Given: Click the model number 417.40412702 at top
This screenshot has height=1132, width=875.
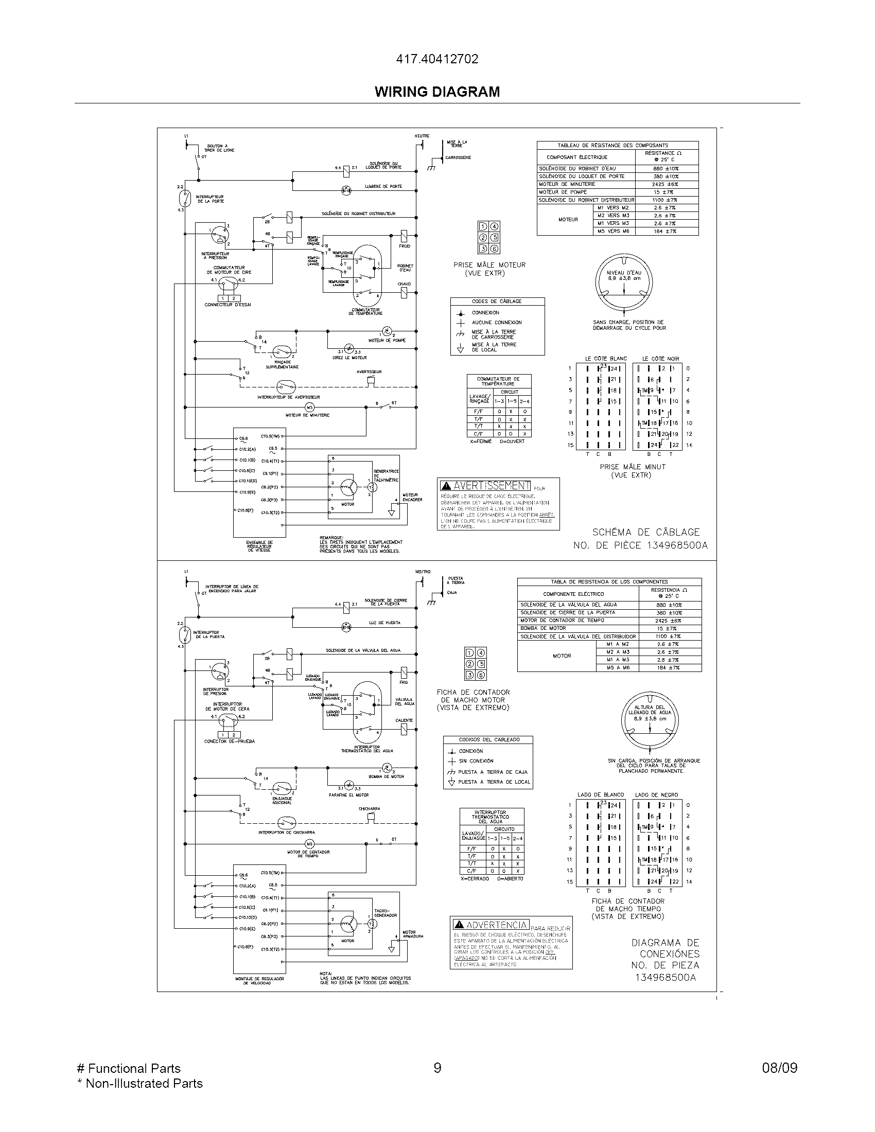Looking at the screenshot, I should [x=437, y=59].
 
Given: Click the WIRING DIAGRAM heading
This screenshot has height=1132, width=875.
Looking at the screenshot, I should [x=437, y=92].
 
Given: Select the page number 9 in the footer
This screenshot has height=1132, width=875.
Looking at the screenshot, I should [x=437, y=1068].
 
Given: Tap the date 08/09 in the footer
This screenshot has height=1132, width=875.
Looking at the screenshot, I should [x=779, y=1068].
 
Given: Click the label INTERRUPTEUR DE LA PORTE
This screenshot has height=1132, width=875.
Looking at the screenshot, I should [x=211, y=199].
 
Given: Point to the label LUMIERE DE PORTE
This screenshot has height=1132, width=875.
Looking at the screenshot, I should [x=383, y=187].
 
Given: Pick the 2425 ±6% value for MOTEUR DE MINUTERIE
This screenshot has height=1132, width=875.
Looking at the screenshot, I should [x=666, y=184].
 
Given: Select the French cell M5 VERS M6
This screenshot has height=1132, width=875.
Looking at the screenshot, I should [x=613, y=231].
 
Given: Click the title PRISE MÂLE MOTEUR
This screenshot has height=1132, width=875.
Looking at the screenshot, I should [x=489, y=265].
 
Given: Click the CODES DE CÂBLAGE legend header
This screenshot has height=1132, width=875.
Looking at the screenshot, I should [x=497, y=301].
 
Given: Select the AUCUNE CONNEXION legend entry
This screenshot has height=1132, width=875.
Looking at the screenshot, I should [x=496, y=323].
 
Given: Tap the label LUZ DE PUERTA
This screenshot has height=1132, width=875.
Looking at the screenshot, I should [x=384, y=623].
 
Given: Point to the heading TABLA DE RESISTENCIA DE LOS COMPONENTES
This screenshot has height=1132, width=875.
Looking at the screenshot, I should [x=609, y=581].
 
